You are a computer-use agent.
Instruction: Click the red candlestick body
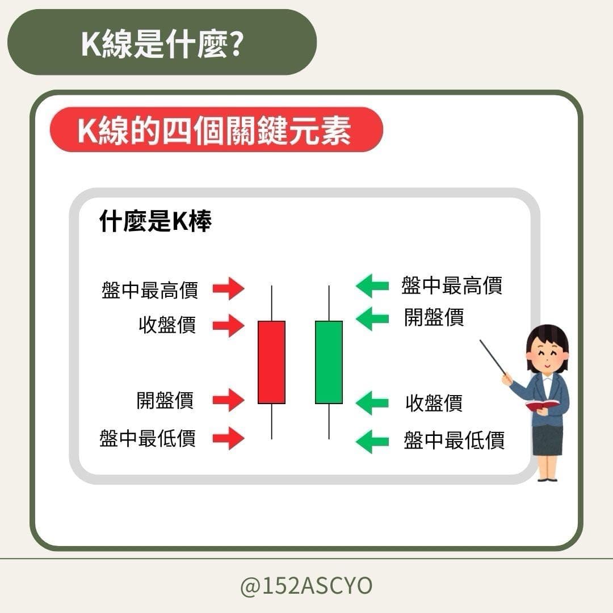pos(271,362)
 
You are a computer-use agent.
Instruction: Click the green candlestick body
pos(329,362)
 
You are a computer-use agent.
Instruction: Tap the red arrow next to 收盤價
pos(228,326)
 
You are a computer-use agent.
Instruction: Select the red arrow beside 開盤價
pos(228,400)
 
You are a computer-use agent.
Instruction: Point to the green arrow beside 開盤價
pos(372,318)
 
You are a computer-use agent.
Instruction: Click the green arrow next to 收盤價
pos(372,404)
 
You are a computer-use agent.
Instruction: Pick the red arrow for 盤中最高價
pos(228,289)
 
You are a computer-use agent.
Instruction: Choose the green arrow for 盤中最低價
pos(372,441)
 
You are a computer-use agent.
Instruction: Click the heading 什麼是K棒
pos(155,222)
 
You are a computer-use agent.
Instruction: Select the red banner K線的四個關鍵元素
pos(216,130)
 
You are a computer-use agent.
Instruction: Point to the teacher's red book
pos(542,405)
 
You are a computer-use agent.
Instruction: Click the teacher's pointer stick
pos(492,357)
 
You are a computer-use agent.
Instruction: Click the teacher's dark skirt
pos(547,440)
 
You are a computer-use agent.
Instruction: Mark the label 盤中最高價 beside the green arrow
pos(452,285)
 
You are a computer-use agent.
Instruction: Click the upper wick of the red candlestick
pos(271,303)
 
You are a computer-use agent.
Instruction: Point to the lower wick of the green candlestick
pos(329,421)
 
